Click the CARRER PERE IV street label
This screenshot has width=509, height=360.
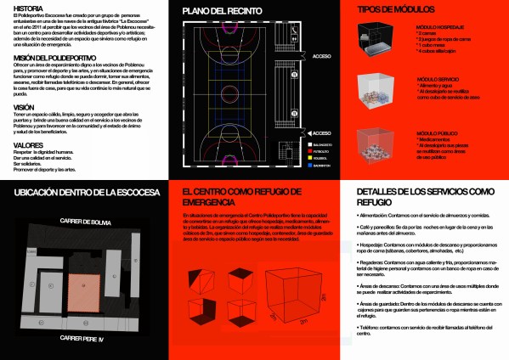84,337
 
